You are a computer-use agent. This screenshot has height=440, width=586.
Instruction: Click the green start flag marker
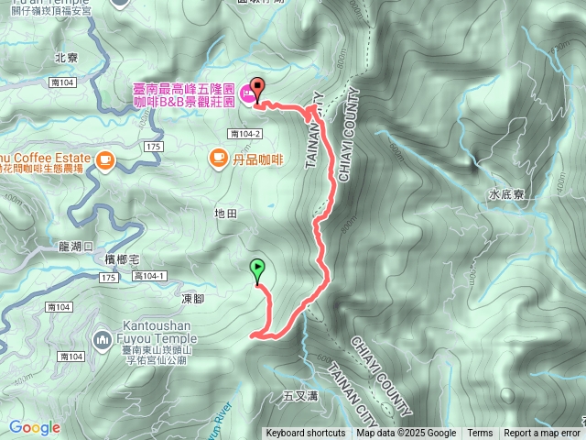tap(257, 269)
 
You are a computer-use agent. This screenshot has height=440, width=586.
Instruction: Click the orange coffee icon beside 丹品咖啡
tap(218, 159)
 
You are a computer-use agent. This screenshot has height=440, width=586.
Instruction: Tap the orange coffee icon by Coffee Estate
tap(103, 160)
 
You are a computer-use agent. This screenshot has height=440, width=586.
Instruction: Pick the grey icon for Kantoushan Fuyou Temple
tap(101, 341)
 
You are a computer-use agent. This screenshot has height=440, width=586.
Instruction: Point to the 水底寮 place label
tap(505, 194)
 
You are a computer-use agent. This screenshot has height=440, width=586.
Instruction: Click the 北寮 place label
tap(65, 57)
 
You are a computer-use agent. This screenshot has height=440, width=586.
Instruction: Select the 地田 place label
tap(225, 213)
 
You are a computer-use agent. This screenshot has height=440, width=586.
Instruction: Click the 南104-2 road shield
tap(246, 134)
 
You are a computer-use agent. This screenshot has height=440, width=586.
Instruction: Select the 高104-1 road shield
tap(148, 276)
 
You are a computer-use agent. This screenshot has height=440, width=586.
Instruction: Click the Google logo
tap(34, 427)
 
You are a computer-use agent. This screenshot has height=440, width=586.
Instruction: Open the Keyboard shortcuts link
tap(306, 434)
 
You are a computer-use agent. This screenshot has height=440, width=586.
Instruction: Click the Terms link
tap(480, 434)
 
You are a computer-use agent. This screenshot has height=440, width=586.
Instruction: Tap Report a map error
tap(542, 434)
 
